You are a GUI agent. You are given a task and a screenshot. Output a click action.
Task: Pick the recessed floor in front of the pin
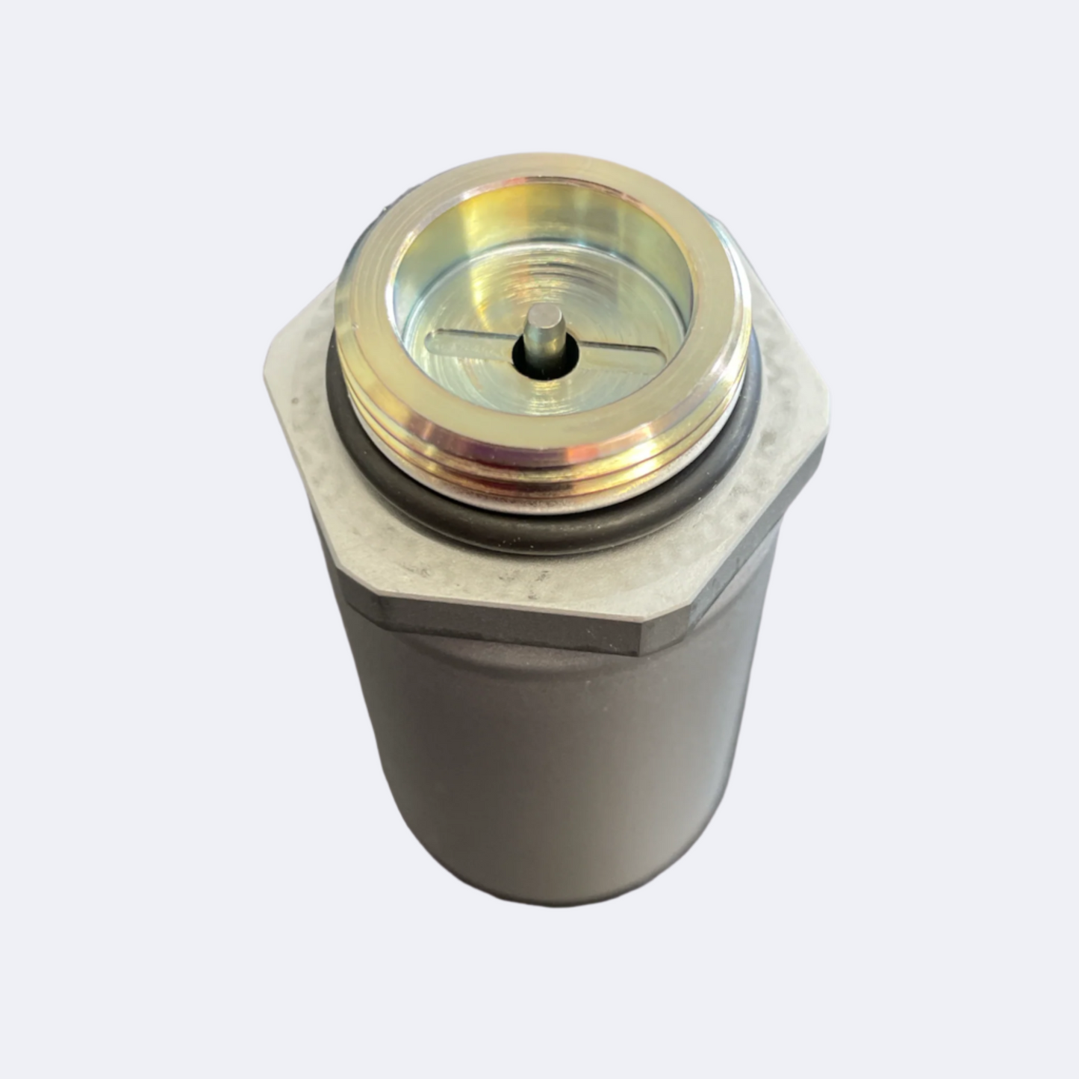pos(538,403)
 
